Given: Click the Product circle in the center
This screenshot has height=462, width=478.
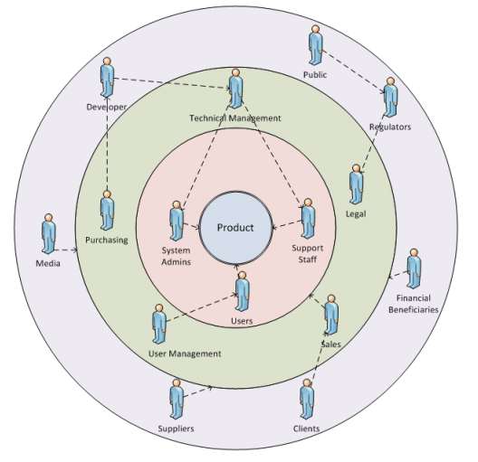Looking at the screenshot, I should click(235, 228).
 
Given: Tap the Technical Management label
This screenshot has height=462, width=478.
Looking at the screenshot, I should click(235, 118).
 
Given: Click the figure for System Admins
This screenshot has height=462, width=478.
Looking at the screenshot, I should click(177, 220).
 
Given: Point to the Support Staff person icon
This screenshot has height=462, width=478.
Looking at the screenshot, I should click(308, 219).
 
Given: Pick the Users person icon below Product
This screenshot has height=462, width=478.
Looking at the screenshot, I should click(243, 291).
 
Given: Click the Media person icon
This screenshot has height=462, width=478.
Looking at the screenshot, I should click(48, 234).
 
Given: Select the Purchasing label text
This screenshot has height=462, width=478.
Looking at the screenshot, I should click(106, 240).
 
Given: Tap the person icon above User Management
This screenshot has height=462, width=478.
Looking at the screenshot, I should click(159, 324).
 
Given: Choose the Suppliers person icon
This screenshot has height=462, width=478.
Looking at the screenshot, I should click(176, 399).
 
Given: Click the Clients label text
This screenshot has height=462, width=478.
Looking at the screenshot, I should click(306, 429).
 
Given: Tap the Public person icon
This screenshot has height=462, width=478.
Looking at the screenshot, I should click(316, 44).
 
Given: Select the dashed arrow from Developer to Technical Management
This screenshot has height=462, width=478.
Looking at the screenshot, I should click(172, 83).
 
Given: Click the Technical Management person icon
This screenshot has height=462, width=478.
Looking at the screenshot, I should click(236, 88).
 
